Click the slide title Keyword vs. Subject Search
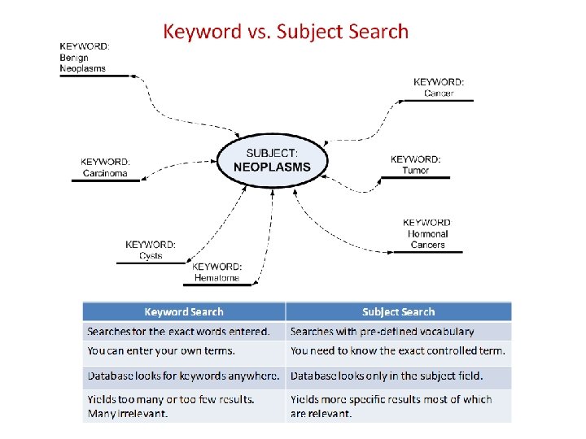[286, 32]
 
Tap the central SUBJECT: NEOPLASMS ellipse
[272, 160]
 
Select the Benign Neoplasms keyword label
[84, 57]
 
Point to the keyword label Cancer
[439, 87]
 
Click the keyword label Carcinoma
[105, 167]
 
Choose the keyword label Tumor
[415, 165]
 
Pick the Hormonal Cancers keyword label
[427, 233]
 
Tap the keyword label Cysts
[151, 250]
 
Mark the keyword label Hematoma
[216, 272]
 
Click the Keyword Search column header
[184, 311]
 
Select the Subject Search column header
[398, 311]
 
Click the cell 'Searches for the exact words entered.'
[184, 332]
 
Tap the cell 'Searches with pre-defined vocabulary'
[398, 332]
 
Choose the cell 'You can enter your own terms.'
[184, 351]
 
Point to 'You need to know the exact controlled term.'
[398, 351]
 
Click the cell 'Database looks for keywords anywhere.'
[184, 376]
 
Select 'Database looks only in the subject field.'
[398, 376]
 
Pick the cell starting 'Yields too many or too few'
[184, 406]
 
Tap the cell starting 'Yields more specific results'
[398, 406]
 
